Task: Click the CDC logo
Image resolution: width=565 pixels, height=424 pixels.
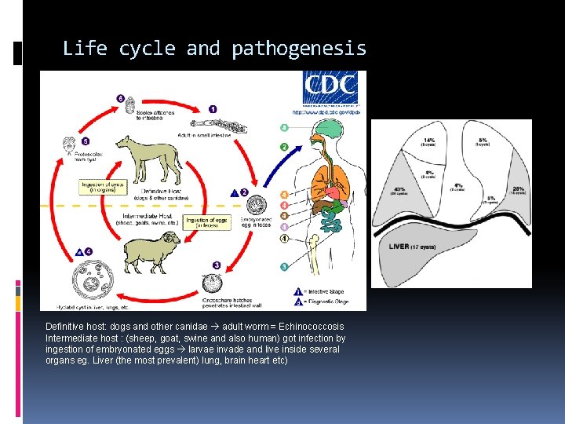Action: [330, 87]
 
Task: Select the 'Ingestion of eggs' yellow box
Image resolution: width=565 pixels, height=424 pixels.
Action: [207, 224]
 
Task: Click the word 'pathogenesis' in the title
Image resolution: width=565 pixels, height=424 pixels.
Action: [299, 49]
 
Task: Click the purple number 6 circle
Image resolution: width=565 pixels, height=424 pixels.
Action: [120, 98]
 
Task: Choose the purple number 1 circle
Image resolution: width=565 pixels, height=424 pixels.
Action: [213, 109]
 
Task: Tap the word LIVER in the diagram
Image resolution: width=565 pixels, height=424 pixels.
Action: [400, 247]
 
